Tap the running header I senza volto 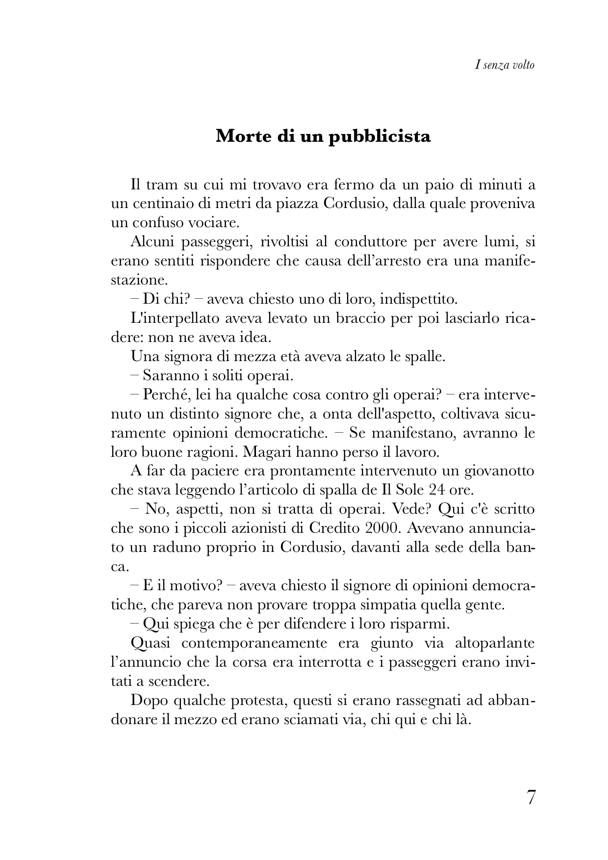[505, 64]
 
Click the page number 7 [531, 798]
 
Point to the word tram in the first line [169, 185]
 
